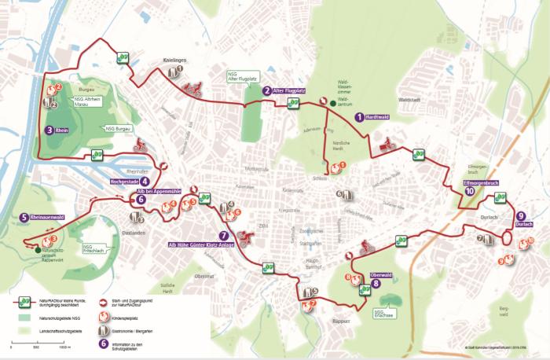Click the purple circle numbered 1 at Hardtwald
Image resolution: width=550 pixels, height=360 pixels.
point(360,116)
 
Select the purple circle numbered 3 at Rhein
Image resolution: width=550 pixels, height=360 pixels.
point(49,130)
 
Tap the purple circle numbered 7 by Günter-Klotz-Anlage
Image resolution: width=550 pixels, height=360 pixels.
point(224,234)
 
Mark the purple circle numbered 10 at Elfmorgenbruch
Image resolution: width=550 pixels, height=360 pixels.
point(469,190)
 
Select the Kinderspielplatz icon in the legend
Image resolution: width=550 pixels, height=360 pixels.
point(103,317)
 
